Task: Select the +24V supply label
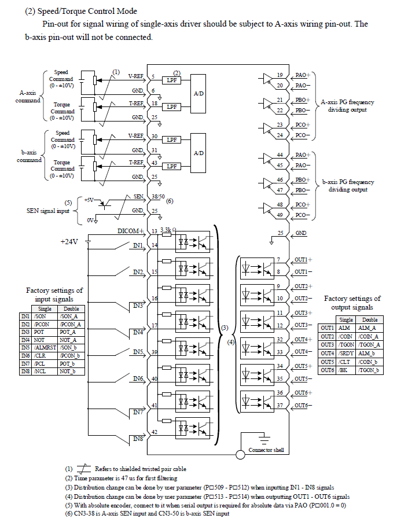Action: tap(69, 242)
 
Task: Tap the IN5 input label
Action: tap(138, 351)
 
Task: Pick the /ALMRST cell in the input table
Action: tap(45, 347)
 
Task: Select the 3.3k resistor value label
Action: tap(168, 230)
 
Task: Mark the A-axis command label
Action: tap(28, 96)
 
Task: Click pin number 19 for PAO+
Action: tap(280, 75)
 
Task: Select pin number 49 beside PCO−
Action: tap(280, 215)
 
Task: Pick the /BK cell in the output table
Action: tap(345, 370)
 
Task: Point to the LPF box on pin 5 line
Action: tap(171, 80)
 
